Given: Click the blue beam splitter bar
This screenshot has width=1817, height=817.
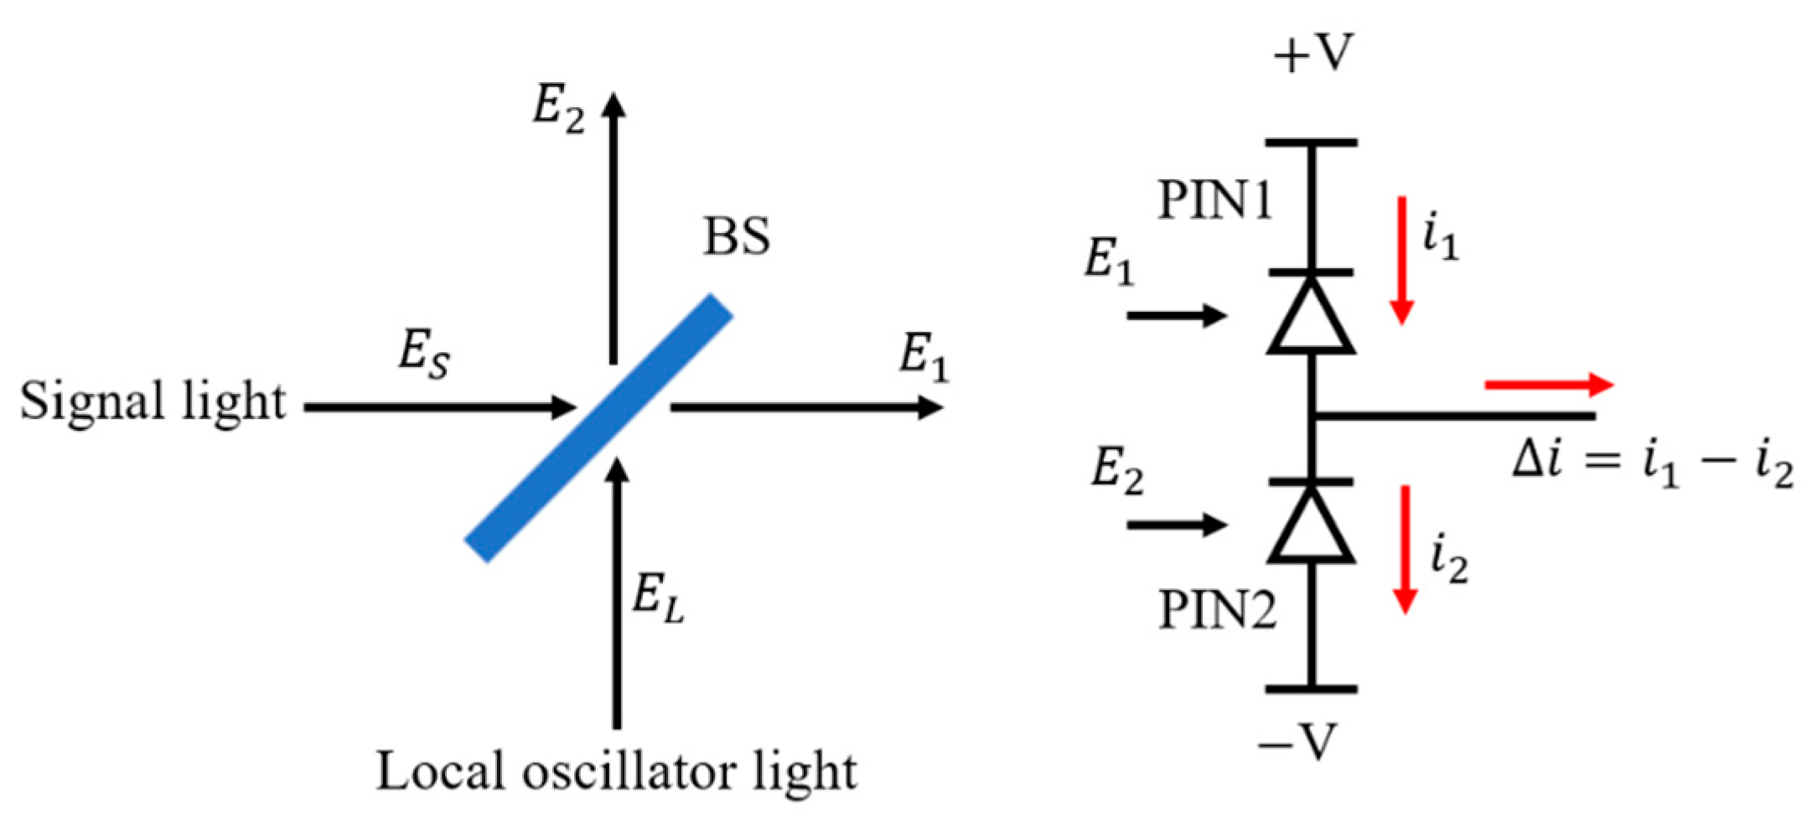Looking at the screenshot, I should click(599, 427).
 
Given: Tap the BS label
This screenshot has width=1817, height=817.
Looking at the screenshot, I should click(736, 237).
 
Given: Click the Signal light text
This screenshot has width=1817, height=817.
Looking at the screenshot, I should click(153, 402).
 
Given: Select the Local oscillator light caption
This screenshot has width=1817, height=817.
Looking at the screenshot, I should click(616, 772).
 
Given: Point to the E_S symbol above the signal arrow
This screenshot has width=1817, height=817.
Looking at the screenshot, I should click(423, 355).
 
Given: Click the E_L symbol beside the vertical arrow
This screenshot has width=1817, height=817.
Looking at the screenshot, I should click(658, 600).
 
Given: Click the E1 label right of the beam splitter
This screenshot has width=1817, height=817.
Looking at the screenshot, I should click(924, 357).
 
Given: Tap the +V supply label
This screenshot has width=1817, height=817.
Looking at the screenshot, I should click(1312, 54).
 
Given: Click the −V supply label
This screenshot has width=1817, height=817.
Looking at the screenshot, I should click(1298, 742).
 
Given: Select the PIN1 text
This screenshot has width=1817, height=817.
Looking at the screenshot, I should click(1214, 201).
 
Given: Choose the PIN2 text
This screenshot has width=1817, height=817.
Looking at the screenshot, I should click(1217, 610).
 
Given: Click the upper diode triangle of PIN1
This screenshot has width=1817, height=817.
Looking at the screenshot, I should click(1312, 317).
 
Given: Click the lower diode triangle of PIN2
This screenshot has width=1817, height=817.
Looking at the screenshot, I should click(1312, 526).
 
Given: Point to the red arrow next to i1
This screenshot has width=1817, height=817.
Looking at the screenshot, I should click(1402, 260).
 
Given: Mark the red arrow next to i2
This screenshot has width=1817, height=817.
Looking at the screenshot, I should click(1405, 550).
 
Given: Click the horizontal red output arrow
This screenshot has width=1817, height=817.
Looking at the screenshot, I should click(1549, 385).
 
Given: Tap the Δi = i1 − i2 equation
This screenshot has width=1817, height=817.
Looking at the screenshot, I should click(1652, 466).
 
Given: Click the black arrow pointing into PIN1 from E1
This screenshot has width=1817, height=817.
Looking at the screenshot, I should click(1177, 316).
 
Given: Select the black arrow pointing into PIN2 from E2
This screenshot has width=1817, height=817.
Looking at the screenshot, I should click(1177, 525).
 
